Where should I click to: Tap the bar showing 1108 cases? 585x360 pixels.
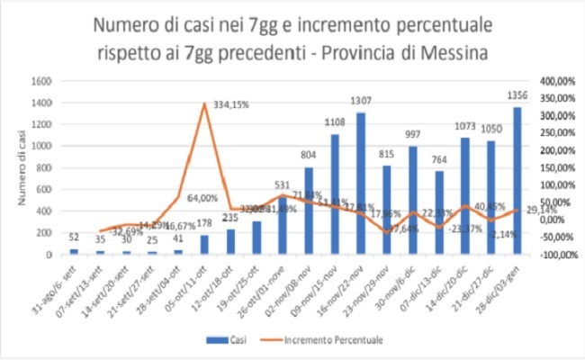335,194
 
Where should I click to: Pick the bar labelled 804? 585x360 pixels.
309,211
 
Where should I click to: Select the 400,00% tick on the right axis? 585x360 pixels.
553,81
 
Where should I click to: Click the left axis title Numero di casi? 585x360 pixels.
19,167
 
